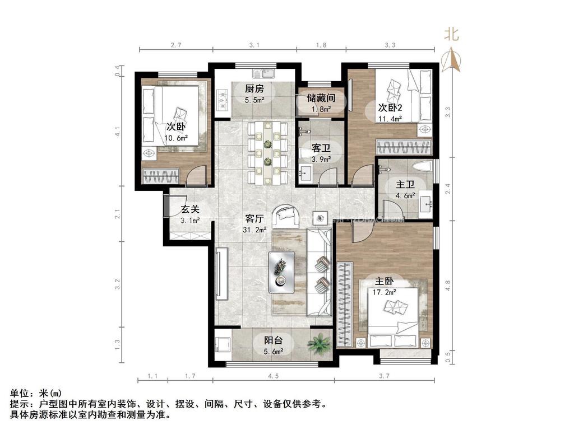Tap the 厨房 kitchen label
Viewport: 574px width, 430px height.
[254, 88]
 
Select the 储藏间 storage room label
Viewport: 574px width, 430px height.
[321, 97]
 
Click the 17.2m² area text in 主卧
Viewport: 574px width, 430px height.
[386, 292]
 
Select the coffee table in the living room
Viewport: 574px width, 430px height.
[282, 271]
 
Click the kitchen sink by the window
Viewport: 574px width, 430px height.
[263, 73]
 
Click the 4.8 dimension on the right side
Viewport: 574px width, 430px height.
[447, 285]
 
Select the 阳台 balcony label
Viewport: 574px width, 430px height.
[273, 340]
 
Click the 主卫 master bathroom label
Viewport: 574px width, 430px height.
[405, 184]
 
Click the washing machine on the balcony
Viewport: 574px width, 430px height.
[224, 342]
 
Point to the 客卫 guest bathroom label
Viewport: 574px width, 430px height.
[321, 148]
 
